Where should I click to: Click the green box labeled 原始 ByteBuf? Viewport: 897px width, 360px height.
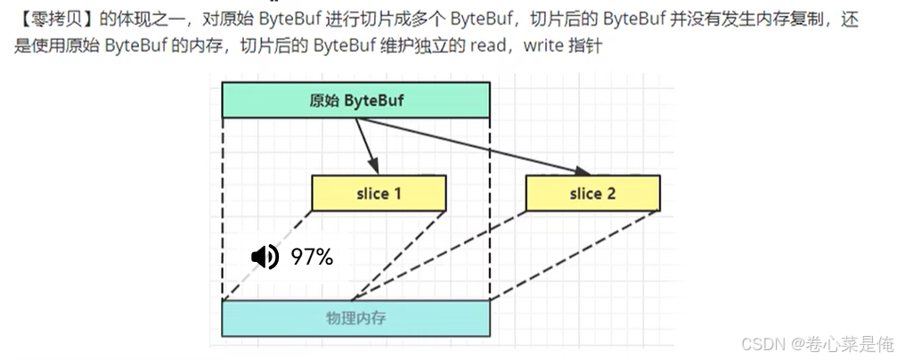(x=355, y=100)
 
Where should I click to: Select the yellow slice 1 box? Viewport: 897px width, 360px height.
(x=379, y=193)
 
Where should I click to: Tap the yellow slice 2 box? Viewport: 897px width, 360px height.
(x=592, y=193)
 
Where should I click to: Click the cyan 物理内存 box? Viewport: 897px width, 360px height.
(x=355, y=318)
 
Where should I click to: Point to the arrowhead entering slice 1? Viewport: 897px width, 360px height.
(x=375, y=169)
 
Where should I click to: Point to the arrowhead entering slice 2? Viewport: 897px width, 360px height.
(x=583, y=171)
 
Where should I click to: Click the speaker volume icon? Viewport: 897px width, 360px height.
(x=265, y=258)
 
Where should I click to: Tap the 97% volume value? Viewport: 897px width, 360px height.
(x=312, y=258)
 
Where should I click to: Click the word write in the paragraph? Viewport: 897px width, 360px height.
(x=542, y=45)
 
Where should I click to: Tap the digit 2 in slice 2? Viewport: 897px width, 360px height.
(x=610, y=193)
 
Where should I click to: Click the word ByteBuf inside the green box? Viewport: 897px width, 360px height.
(x=373, y=100)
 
